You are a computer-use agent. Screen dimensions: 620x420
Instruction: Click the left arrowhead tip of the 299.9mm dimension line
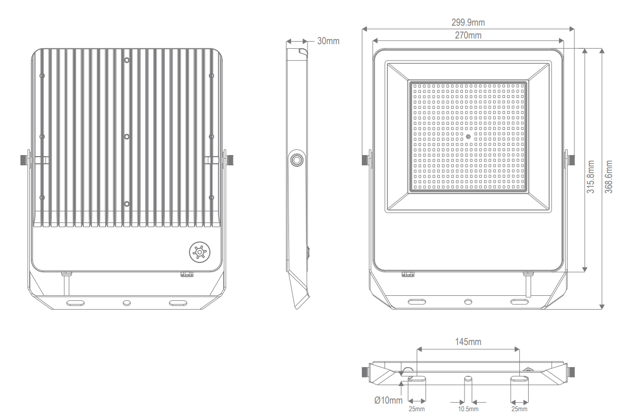362,29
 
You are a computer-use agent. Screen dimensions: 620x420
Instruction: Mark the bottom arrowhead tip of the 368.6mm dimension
602,309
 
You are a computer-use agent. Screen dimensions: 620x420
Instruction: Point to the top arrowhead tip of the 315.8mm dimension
585,49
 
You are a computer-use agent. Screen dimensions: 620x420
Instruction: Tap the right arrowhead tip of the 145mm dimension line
519,349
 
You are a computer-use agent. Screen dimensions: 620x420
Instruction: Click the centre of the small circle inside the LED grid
468,137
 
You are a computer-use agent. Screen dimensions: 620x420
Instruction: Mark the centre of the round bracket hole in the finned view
126,303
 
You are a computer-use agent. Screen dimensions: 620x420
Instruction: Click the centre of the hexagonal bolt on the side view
297,160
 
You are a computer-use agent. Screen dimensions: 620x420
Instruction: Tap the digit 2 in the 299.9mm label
454,23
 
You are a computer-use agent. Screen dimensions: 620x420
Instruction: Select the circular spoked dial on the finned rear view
200,252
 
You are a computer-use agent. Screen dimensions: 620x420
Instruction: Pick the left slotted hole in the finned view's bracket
75,303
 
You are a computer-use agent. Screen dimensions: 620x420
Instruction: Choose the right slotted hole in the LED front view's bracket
519,301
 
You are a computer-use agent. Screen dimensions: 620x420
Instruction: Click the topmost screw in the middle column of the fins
126,60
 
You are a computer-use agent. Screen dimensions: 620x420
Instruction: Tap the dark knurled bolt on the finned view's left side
24,160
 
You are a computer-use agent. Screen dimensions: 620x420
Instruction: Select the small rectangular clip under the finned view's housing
187,274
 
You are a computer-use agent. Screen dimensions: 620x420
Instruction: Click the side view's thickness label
328,41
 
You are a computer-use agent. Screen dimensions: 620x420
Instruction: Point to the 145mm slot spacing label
468,342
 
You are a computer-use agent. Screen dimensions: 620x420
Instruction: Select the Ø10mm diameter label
389,400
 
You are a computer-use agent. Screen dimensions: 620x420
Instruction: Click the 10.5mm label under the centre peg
468,409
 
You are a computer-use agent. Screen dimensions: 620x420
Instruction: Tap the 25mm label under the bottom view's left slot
417,409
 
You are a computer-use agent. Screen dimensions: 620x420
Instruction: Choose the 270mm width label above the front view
468,35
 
